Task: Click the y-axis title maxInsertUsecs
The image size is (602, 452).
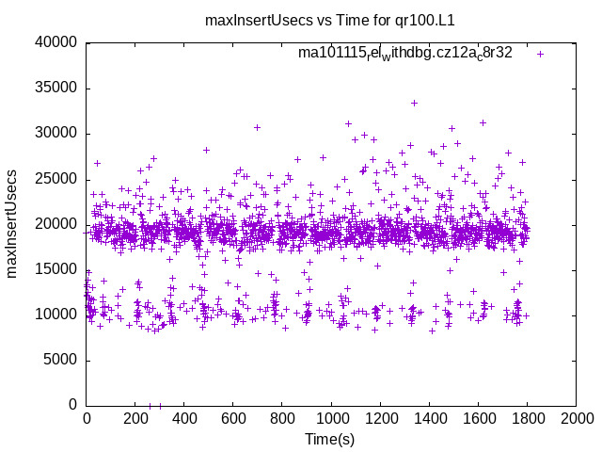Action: tap(13, 223)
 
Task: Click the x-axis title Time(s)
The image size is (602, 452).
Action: tap(329, 439)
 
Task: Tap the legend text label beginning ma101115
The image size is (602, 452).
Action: tap(404, 53)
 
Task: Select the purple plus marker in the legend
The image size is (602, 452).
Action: tap(540, 54)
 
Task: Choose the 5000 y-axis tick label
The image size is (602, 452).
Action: tap(58, 360)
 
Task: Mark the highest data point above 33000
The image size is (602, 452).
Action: tap(414, 103)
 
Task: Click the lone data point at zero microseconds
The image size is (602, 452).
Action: tap(160, 405)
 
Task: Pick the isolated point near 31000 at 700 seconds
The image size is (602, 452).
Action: tap(257, 127)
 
